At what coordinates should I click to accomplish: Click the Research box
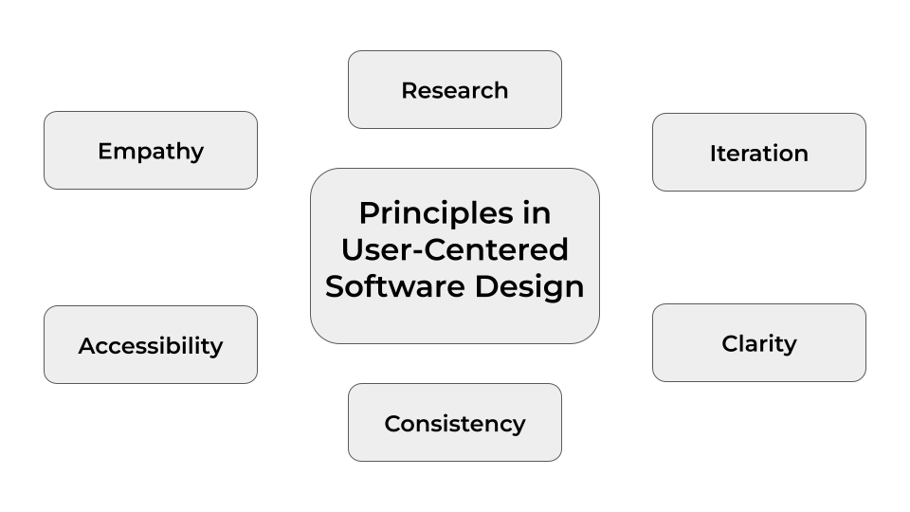pyautogui.click(x=455, y=89)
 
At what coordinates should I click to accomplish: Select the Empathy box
pyautogui.click(x=151, y=151)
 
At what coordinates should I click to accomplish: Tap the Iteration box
pyautogui.click(x=759, y=152)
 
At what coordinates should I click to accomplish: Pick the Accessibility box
pyautogui.click(x=151, y=345)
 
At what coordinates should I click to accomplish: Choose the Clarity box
pyautogui.click(x=759, y=342)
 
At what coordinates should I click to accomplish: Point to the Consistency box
pyautogui.click(x=455, y=423)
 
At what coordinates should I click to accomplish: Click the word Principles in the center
pyautogui.click(x=436, y=214)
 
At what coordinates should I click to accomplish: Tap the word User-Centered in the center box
pyautogui.click(x=455, y=249)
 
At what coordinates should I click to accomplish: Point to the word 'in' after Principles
pyautogui.click(x=537, y=212)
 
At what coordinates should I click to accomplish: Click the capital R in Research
pyautogui.click(x=409, y=91)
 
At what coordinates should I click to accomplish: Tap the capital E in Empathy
pyautogui.click(x=104, y=151)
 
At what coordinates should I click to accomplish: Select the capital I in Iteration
pyautogui.click(x=713, y=154)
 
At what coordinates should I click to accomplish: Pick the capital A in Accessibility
pyautogui.click(x=87, y=346)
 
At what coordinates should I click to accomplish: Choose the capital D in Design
pyautogui.click(x=486, y=286)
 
